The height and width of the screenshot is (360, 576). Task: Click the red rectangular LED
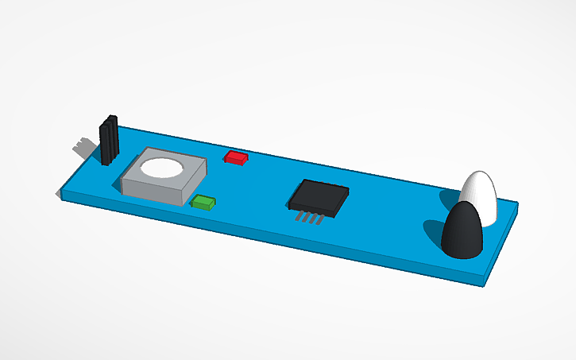[235, 157]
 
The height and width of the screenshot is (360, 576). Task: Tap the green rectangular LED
[203, 202]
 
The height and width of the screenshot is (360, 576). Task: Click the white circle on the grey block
[162, 168]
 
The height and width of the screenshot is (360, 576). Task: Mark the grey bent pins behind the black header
[82, 147]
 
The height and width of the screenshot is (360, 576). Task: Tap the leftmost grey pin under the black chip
[299, 215]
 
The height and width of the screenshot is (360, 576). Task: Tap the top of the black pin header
[110, 119]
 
